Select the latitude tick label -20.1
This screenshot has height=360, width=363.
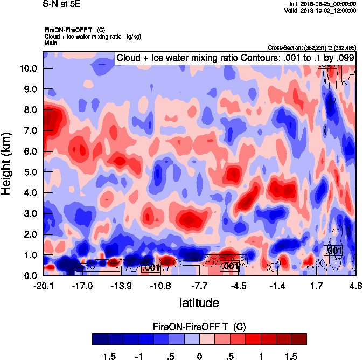point(43,285)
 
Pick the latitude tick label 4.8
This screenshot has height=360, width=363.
point(355,285)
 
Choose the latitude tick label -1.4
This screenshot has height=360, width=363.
point(277,285)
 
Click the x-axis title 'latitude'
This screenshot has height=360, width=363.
point(199,303)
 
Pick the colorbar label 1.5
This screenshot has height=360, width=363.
point(291,356)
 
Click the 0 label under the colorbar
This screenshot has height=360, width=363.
point(199,356)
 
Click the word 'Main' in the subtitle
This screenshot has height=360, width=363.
point(51,42)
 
